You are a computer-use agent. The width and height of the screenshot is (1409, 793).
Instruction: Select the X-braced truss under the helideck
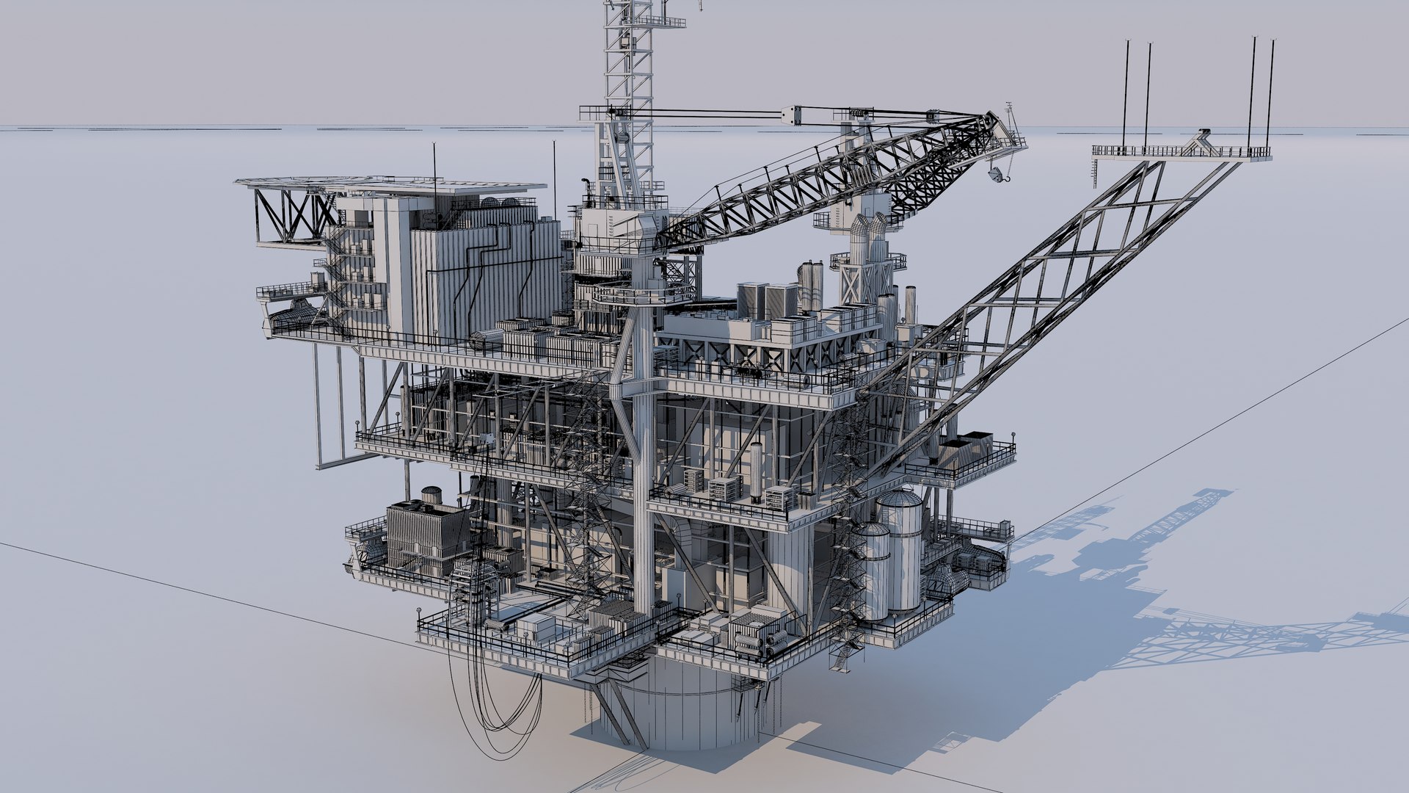(294, 213)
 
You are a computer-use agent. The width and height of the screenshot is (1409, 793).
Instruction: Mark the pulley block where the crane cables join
(793, 115)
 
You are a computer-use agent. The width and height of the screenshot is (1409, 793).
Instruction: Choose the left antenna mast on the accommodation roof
(434, 176)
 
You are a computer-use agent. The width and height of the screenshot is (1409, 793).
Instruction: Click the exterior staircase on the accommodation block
(339, 272)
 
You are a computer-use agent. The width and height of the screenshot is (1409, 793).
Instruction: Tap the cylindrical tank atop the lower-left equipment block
(431, 494)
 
